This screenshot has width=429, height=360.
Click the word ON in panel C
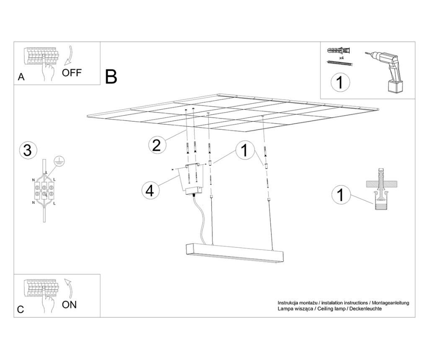pyautogui.click(x=70, y=304)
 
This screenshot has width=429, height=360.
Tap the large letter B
pyautogui.click(x=111, y=77)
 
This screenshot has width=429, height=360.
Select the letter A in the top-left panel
pyautogui.click(x=21, y=77)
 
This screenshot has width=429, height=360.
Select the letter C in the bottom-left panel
pyautogui.click(x=21, y=310)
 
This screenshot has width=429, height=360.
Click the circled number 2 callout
pyautogui.click(x=156, y=145)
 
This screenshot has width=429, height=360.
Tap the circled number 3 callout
pyautogui.click(x=28, y=150)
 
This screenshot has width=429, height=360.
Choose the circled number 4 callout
pyautogui.click(x=150, y=190)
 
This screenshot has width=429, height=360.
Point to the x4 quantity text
pyautogui.click(x=341, y=57)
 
